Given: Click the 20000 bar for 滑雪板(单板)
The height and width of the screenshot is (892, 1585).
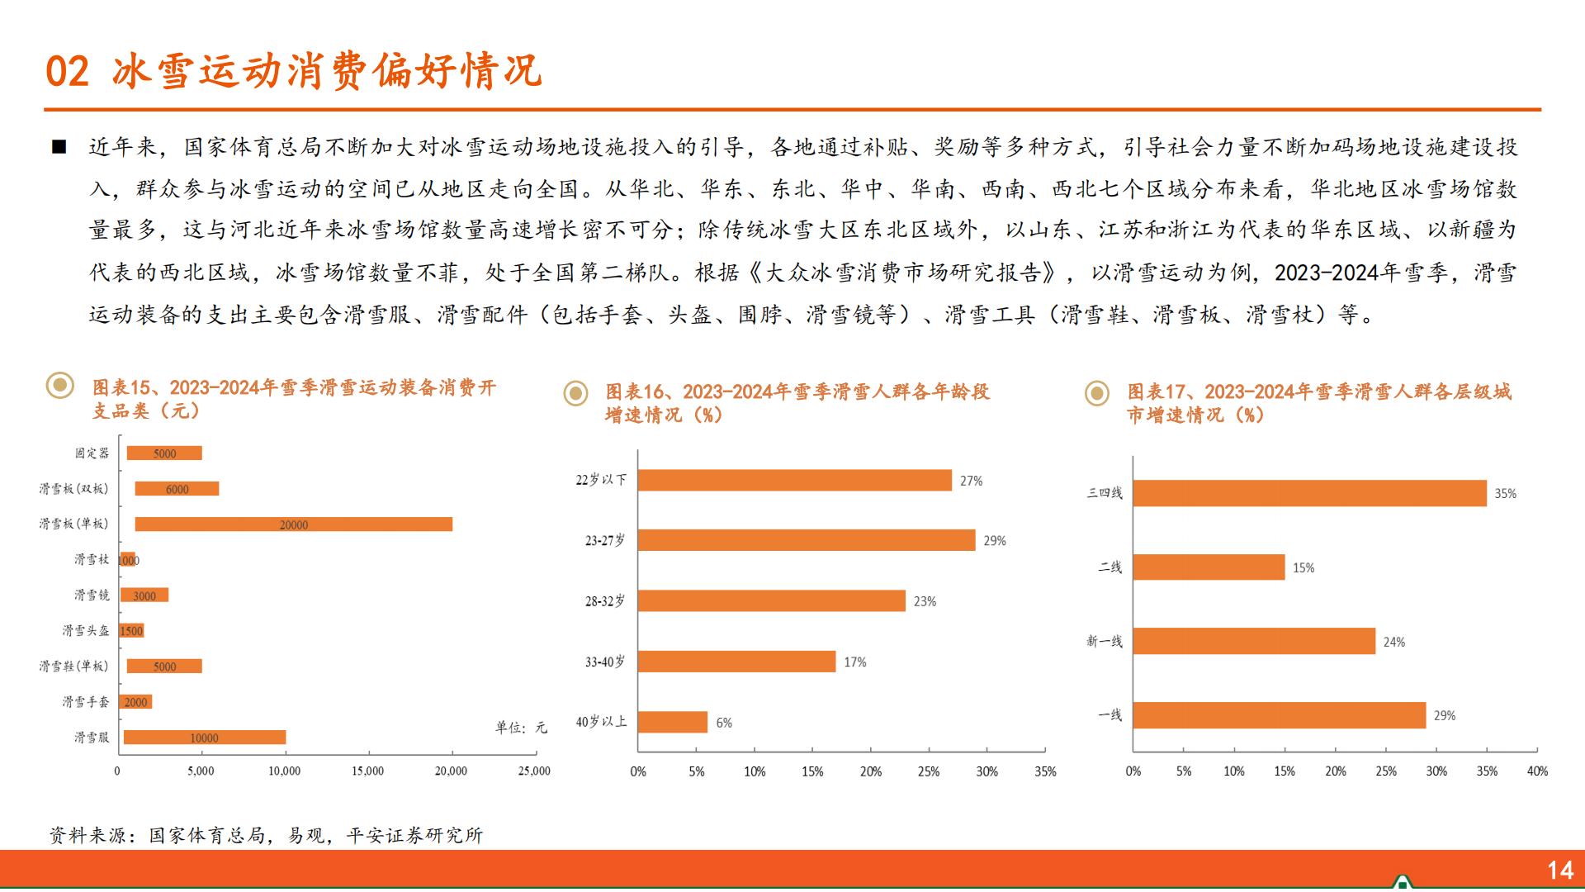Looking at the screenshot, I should click(x=293, y=524).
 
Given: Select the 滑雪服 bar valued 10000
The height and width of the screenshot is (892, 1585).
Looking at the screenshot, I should click(x=204, y=738).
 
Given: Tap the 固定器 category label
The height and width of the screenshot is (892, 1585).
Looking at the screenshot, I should click(x=92, y=453).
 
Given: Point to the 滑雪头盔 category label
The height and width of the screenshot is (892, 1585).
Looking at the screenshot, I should click(x=86, y=631).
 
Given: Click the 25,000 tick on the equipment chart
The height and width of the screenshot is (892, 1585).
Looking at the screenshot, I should click(x=534, y=771).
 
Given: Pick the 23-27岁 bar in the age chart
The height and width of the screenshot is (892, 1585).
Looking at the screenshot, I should click(x=806, y=541).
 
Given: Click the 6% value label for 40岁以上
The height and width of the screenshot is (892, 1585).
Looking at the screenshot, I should click(x=724, y=723).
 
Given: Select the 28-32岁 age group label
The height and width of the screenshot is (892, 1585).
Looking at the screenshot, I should click(x=605, y=601).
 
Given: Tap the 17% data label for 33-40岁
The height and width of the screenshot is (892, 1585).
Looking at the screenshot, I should click(x=855, y=662).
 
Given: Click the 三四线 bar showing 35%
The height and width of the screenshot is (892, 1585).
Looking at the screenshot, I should click(x=1309, y=494).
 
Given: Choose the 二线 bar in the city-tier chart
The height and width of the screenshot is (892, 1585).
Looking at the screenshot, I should click(x=1209, y=567).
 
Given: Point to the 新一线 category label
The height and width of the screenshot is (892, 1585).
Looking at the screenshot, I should click(x=1105, y=642).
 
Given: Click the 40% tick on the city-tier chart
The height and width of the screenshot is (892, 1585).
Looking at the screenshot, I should click(x=1537, y=771).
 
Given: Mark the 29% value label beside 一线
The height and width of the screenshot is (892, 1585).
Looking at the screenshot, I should click(x=1445, y=716).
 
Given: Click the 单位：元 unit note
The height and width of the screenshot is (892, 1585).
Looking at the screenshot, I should click(x=521, y=728).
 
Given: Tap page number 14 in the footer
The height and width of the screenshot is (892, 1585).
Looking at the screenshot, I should click(x=1560, y=871).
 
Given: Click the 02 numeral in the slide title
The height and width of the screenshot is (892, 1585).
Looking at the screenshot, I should click(x=67, y=72).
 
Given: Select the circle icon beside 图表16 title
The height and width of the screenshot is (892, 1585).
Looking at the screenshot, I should click(x=575, y=393).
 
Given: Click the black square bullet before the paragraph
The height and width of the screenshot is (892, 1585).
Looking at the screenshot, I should click(x=59, y=148).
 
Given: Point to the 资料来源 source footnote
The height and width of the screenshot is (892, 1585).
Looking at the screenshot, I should click(x=266, y=836).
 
